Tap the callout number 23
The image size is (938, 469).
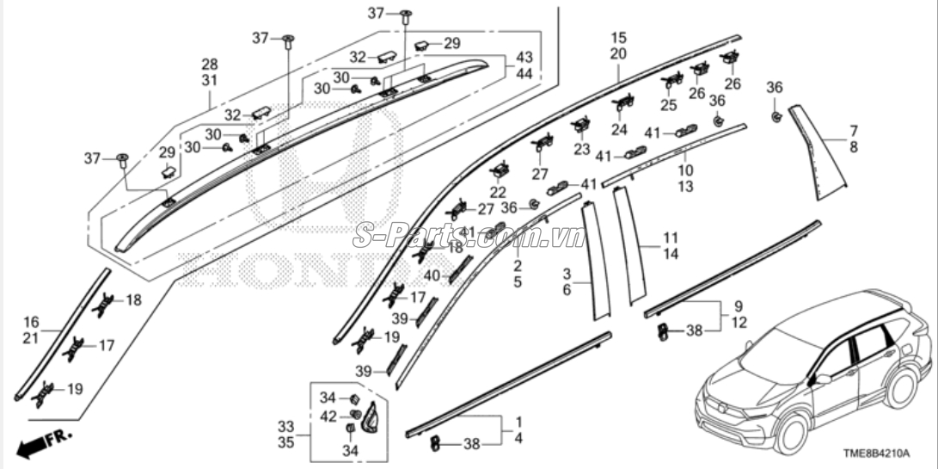(x=582, y=149)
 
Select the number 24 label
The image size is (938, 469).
(x=620, y=130)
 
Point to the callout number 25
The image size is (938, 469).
(x=669, y=105)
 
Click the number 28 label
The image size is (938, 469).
(x=210, y=65)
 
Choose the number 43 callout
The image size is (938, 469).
(x=524, y=57)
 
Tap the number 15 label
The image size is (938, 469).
(x=619, y=38)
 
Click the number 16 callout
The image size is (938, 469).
(x=31, y=321)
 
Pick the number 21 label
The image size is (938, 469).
(x=31, y=338)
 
